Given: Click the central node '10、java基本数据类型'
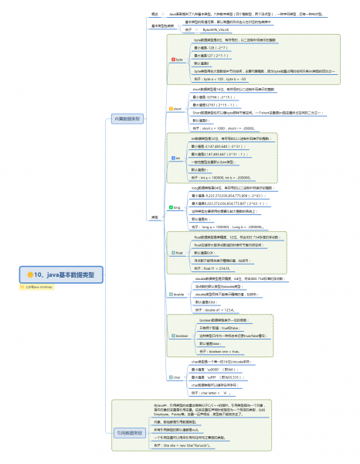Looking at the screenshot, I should click(x=65, y=275).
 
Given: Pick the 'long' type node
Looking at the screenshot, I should click(x=176, y=208).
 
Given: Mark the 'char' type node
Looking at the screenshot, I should click(x=176, y=377).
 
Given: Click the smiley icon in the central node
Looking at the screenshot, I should click(x=30, y=275).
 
